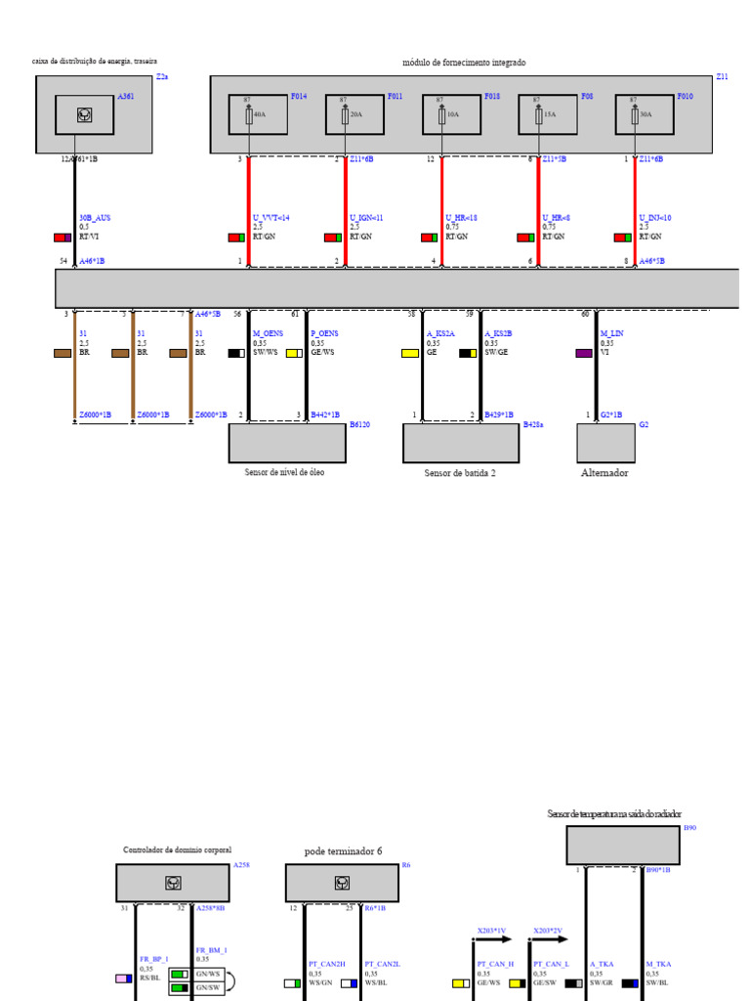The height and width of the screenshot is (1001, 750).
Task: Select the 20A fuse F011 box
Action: pos(354,114)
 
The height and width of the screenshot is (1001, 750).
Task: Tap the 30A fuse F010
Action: pos(644,114)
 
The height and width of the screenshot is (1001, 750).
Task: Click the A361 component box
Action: pos(84,114)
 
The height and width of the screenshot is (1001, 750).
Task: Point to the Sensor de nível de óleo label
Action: pos(284,472)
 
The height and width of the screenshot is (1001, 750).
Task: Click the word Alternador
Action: pos(604,472)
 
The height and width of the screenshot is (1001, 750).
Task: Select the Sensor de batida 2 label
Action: pos(460,473)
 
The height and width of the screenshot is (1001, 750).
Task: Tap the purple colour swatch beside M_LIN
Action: pos(584,353)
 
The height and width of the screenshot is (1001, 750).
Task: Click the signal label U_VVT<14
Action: pos(271,218)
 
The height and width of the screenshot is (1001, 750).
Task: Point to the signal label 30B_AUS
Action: pos(95,218)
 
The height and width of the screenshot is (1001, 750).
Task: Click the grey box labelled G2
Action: pos(605,443)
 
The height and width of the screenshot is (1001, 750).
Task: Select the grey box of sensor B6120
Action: pos(287,443)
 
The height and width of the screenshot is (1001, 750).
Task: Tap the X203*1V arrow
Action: pos(493,939)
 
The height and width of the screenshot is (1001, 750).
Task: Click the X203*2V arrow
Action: pos(550,939)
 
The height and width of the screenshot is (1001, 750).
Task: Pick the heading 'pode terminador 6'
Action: pos(343,851)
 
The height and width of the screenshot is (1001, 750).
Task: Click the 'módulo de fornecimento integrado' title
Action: pos(464,63)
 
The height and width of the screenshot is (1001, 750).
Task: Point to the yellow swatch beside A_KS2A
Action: pos(410,353)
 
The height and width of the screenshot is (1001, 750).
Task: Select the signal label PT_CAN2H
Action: pos(327,964)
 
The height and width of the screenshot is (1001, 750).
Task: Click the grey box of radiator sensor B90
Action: pos(623,846)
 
